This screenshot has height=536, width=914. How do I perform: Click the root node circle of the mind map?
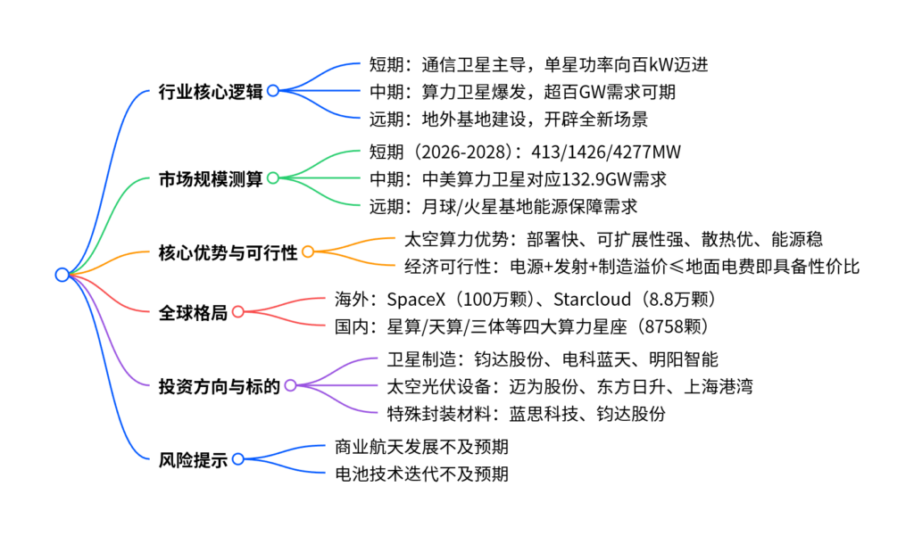[62, 275]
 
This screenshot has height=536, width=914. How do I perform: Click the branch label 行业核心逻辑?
[210, 91]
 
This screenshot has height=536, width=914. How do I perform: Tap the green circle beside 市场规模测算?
[273, 177]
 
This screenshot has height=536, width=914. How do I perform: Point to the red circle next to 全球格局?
[237, 311]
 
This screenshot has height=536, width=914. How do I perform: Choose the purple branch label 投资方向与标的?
[219, 385]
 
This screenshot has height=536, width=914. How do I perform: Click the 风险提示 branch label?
[192, 459]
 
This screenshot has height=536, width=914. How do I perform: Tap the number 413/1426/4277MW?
[607, 151]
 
